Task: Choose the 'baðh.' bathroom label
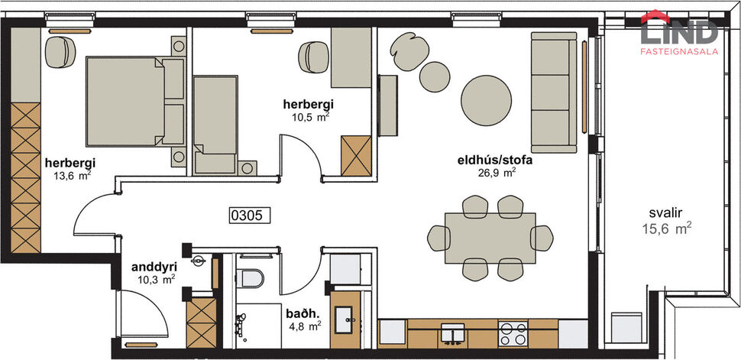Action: (298, 313)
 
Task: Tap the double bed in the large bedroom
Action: (134, 101)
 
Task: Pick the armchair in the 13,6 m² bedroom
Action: (59, 52)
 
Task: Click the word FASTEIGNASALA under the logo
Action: (678, 51)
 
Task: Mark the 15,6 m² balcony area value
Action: (667, 227)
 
